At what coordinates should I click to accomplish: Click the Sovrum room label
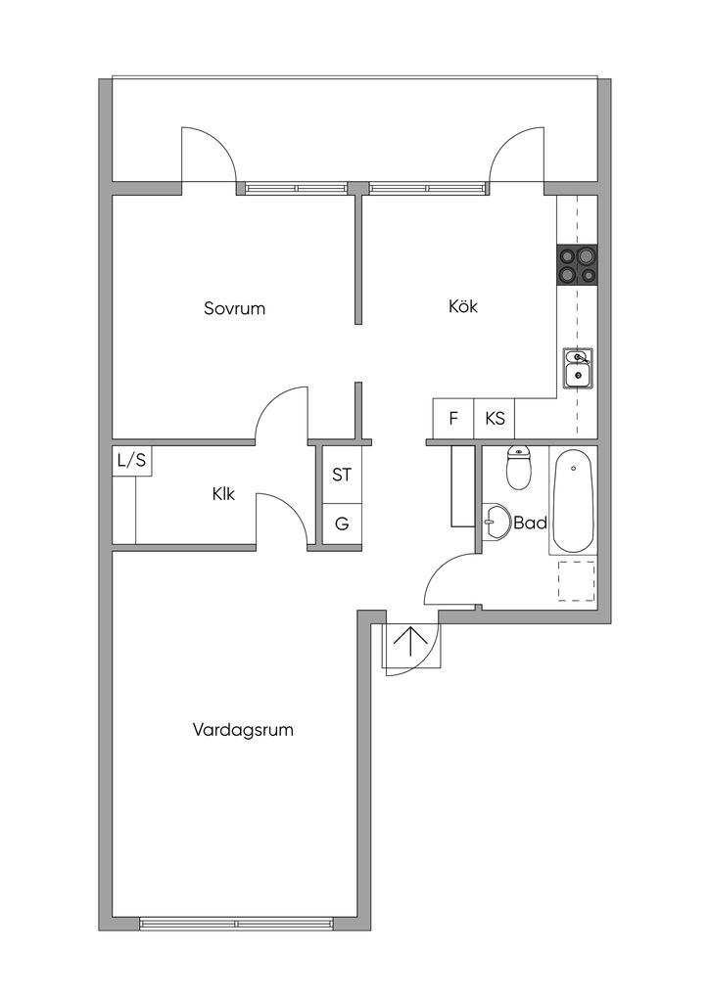click(234, 308)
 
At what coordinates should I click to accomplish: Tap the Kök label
click(463, 306)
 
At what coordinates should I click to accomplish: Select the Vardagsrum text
click(243, 730)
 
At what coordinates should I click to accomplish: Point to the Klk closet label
click(223, 494)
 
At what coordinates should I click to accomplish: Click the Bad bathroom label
click(531, 524)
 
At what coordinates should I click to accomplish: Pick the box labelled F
click(453, 419)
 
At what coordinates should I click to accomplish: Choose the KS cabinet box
click(495, 419)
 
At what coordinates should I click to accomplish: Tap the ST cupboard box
click(342, 475)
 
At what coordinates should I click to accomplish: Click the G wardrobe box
click(342, 524)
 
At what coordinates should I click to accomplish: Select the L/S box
click(131, 460)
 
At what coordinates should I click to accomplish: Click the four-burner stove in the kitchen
click(577, 264)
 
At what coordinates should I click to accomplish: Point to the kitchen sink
click(578, 368)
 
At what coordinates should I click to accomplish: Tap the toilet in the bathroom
click(518, 468)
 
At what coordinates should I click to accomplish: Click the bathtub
click(573, 500)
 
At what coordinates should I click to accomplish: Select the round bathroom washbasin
click(495, 522)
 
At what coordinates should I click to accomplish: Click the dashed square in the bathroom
click(577, 581)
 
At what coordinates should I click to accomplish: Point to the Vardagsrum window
click(237, 924)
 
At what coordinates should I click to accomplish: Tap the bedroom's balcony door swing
click(208, 156)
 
